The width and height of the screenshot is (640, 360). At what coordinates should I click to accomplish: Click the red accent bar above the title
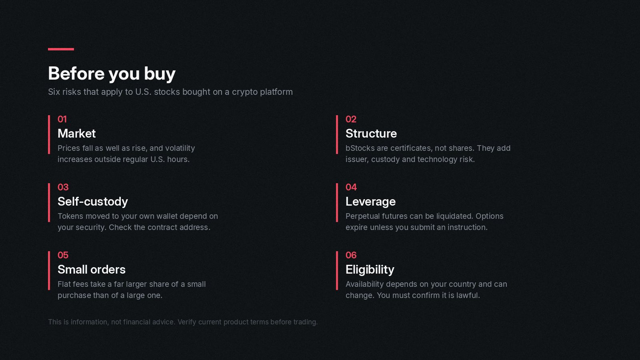click(x=61, y=49)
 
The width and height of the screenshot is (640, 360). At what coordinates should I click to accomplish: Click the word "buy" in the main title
click(x=160, y=74)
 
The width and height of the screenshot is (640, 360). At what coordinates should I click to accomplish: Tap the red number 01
click(x=62, y=119)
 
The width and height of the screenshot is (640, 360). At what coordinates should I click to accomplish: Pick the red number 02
click(x=351, y=119)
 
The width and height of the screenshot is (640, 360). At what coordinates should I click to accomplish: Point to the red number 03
click(x=63, y=187)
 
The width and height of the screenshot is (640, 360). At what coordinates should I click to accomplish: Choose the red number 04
click(x=351, y=187)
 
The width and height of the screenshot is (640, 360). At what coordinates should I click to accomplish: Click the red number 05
click(x=63, y=255)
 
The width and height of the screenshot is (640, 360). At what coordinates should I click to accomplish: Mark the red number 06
click(x=351, y=255)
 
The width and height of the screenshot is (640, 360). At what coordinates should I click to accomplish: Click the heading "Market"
click(x=76, y=134)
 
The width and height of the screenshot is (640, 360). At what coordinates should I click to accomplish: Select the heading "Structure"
click(x=371, y=134)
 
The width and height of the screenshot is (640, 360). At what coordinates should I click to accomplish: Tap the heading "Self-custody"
click(x=93, y=202)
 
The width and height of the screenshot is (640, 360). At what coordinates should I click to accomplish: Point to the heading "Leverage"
click(x=370, y=202)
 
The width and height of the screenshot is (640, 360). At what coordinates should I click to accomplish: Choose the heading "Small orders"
click(x=92, y=270)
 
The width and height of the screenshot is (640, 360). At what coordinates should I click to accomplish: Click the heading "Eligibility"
click(x=370, y=270)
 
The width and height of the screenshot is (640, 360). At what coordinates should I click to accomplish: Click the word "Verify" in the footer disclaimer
click(x=187, y=322)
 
